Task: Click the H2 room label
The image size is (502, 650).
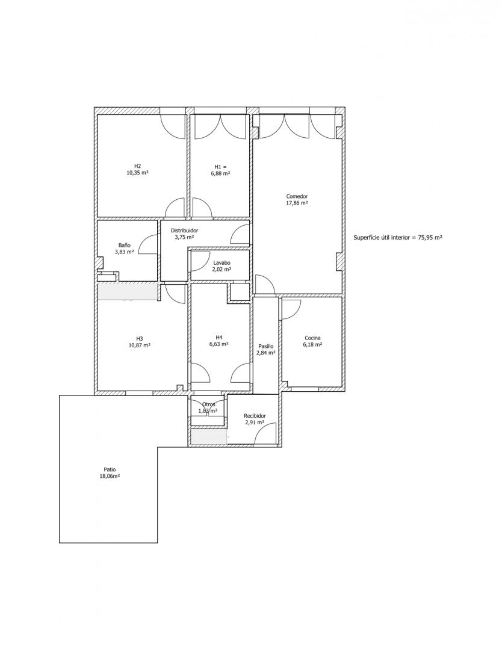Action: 137,167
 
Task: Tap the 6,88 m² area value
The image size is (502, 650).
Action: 220,174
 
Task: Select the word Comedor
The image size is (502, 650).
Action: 297,196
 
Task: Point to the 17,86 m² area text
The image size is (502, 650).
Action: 297,203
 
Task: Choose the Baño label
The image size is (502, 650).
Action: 125,245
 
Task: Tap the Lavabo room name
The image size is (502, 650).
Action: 222,262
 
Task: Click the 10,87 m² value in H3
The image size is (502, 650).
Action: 139,345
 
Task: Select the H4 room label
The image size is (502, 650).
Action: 219,337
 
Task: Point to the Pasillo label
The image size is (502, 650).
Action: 265,346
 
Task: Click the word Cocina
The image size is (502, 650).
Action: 312,338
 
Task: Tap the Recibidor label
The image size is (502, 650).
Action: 255,416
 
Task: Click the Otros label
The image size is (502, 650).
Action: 208,404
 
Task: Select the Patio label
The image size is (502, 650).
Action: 110,469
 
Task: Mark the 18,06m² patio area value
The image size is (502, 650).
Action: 110,477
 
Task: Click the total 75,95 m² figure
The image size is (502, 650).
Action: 427,238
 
